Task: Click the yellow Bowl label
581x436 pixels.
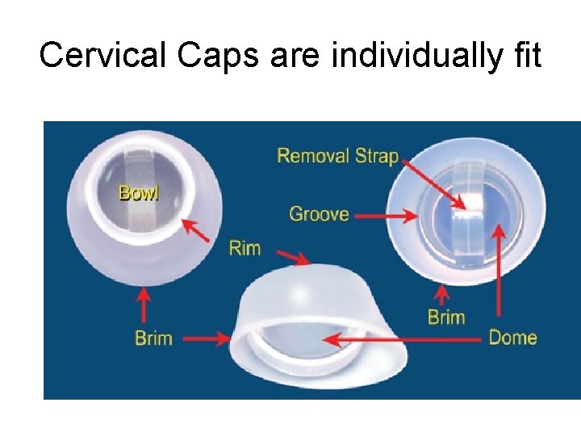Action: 140,193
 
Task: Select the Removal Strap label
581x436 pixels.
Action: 338,155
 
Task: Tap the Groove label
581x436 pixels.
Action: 319,214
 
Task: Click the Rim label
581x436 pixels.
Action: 245,247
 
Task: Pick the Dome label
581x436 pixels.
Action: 512,337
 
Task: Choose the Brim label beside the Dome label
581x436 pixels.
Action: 446,317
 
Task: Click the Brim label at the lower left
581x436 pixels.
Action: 153,337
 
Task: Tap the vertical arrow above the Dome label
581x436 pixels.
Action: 499,275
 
